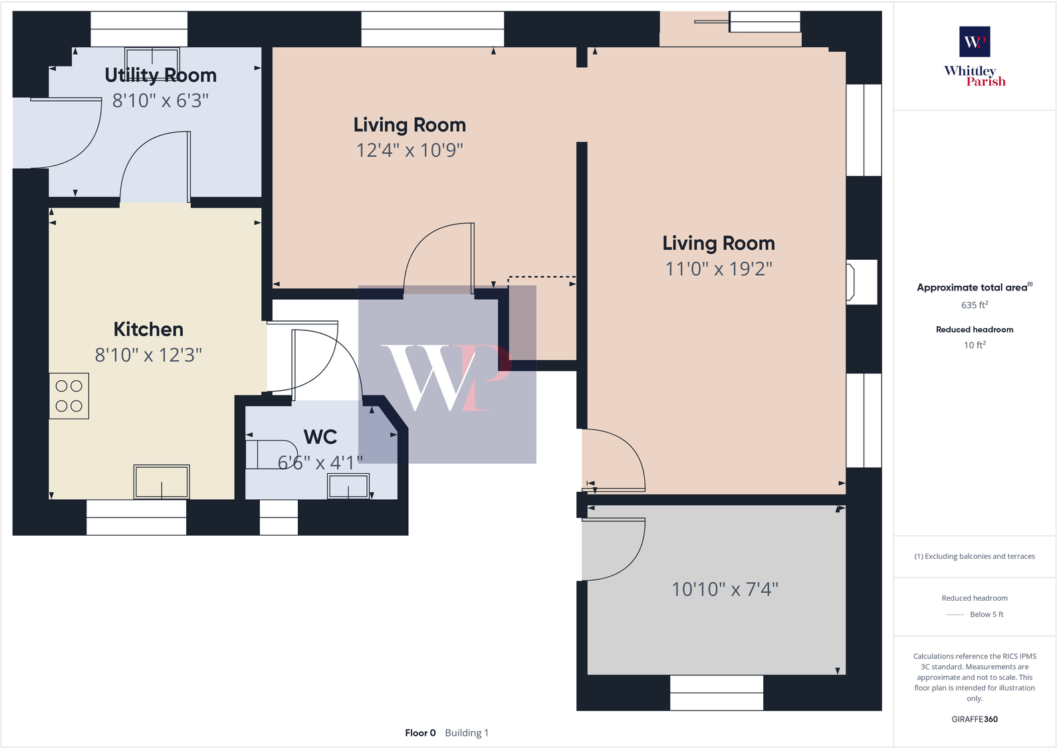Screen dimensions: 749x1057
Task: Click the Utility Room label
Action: coord(160,75)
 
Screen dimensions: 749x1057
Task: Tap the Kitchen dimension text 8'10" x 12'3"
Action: coord(148,355)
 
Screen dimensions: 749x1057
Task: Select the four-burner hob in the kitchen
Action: coord(69,396)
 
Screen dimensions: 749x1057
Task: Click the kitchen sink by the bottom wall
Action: coord(162,482)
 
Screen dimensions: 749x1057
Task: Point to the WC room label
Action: coord(320,437)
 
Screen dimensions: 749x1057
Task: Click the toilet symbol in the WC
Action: coord(271,454)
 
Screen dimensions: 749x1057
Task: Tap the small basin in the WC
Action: coord(348,486)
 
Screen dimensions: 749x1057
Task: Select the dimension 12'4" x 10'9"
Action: coord(410,150)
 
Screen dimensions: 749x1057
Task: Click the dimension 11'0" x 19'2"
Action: coord(718,268)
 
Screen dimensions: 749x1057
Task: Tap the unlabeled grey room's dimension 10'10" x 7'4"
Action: coord(725,589)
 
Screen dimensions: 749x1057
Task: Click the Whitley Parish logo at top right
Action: coord(975,57)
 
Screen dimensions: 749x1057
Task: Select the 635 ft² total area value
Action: coord(975,305)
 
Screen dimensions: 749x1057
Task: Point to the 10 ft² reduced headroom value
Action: coord(975,345)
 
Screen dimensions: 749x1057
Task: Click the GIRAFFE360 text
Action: coord(975,719)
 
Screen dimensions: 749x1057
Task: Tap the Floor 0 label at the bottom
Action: coord(420,733)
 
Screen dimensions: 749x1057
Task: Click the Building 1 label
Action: coord(467,733)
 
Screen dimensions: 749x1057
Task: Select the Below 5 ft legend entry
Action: coord(986,615)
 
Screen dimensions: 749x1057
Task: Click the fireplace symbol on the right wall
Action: coord(851,282)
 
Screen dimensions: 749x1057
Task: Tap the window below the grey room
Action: coord(716,693)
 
